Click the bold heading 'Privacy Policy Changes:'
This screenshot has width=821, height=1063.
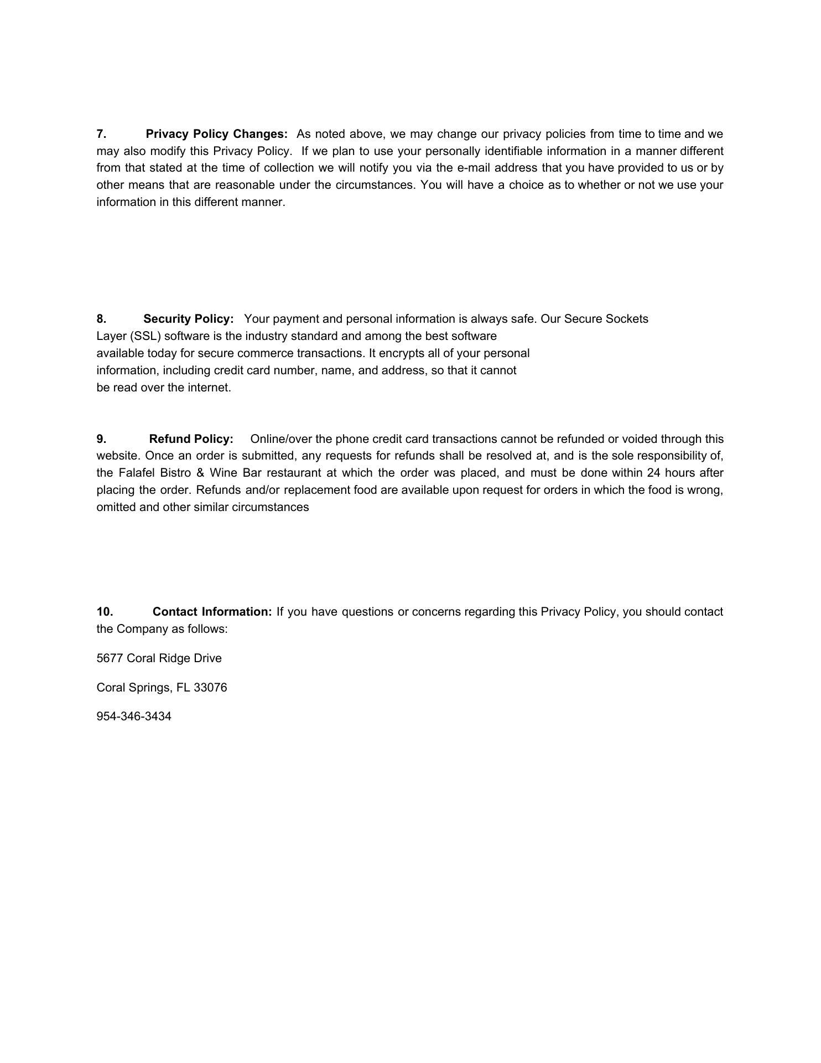pyautogui.click(x=216, y=134)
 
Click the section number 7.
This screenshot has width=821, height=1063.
pyautogui.click(x=101, y=134)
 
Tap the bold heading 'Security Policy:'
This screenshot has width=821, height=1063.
pyautogui.click(x=188, y=319)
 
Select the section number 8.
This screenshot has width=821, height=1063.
pyautogui.click(x=101, y=319)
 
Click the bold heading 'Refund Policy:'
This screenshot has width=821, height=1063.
pyautogui.click(x=191, y=439)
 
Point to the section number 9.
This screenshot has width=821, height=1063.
pyautogui.click(x=101, y=439)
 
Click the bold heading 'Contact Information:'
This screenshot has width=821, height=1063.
pyautogui.click(x=212, y=612)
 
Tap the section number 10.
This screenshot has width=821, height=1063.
pyautogui.click(x=105, y=612)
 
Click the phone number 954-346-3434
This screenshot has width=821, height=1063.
pyautogui.click(x=134, y=716)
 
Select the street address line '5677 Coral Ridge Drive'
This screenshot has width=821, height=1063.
pyautogui.click(x=159, y=658)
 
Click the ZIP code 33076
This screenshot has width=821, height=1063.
pyautogui.click(x=210, y=688)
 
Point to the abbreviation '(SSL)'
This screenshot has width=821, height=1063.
pyautogui.click(x=146, y=336)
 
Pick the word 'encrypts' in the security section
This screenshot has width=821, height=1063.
pyautogui.click(x=402, y=353)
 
